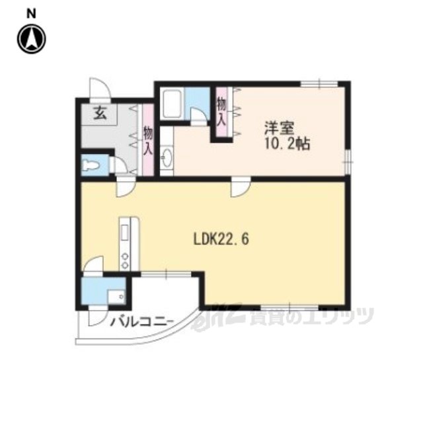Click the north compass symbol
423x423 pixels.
pyautogui.click(x=32, y=39)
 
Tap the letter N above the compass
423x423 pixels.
pyautogui.click(x=31, y=14)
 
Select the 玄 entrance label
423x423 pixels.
pyautogui.click(x=100, y=114)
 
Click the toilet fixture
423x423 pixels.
pyautogui.click(x=90, y=165)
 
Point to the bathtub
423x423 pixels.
pyautogui.click(x=172, y=104)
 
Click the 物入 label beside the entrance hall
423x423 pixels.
pyautogui.click(x=148, y=141)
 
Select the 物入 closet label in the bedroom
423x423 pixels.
pyautogui.click(x=221, y=112)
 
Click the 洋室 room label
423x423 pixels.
pyautogui.click(x=279, y=128)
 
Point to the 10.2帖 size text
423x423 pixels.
pyautogui.click(x=287, y=144)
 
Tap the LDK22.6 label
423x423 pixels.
pyautogui.click(x=221, y=239)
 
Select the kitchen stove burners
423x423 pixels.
pyautogui.click(x=125, y=260)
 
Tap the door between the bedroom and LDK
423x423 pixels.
pyautogui.click(x=241, y=186)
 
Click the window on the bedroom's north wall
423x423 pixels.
pyautogui.click(x=319, y=84)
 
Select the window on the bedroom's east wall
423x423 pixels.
pyautogui.click(x=348, y=161)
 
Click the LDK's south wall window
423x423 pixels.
pyautogui.click(x=289, y=307)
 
